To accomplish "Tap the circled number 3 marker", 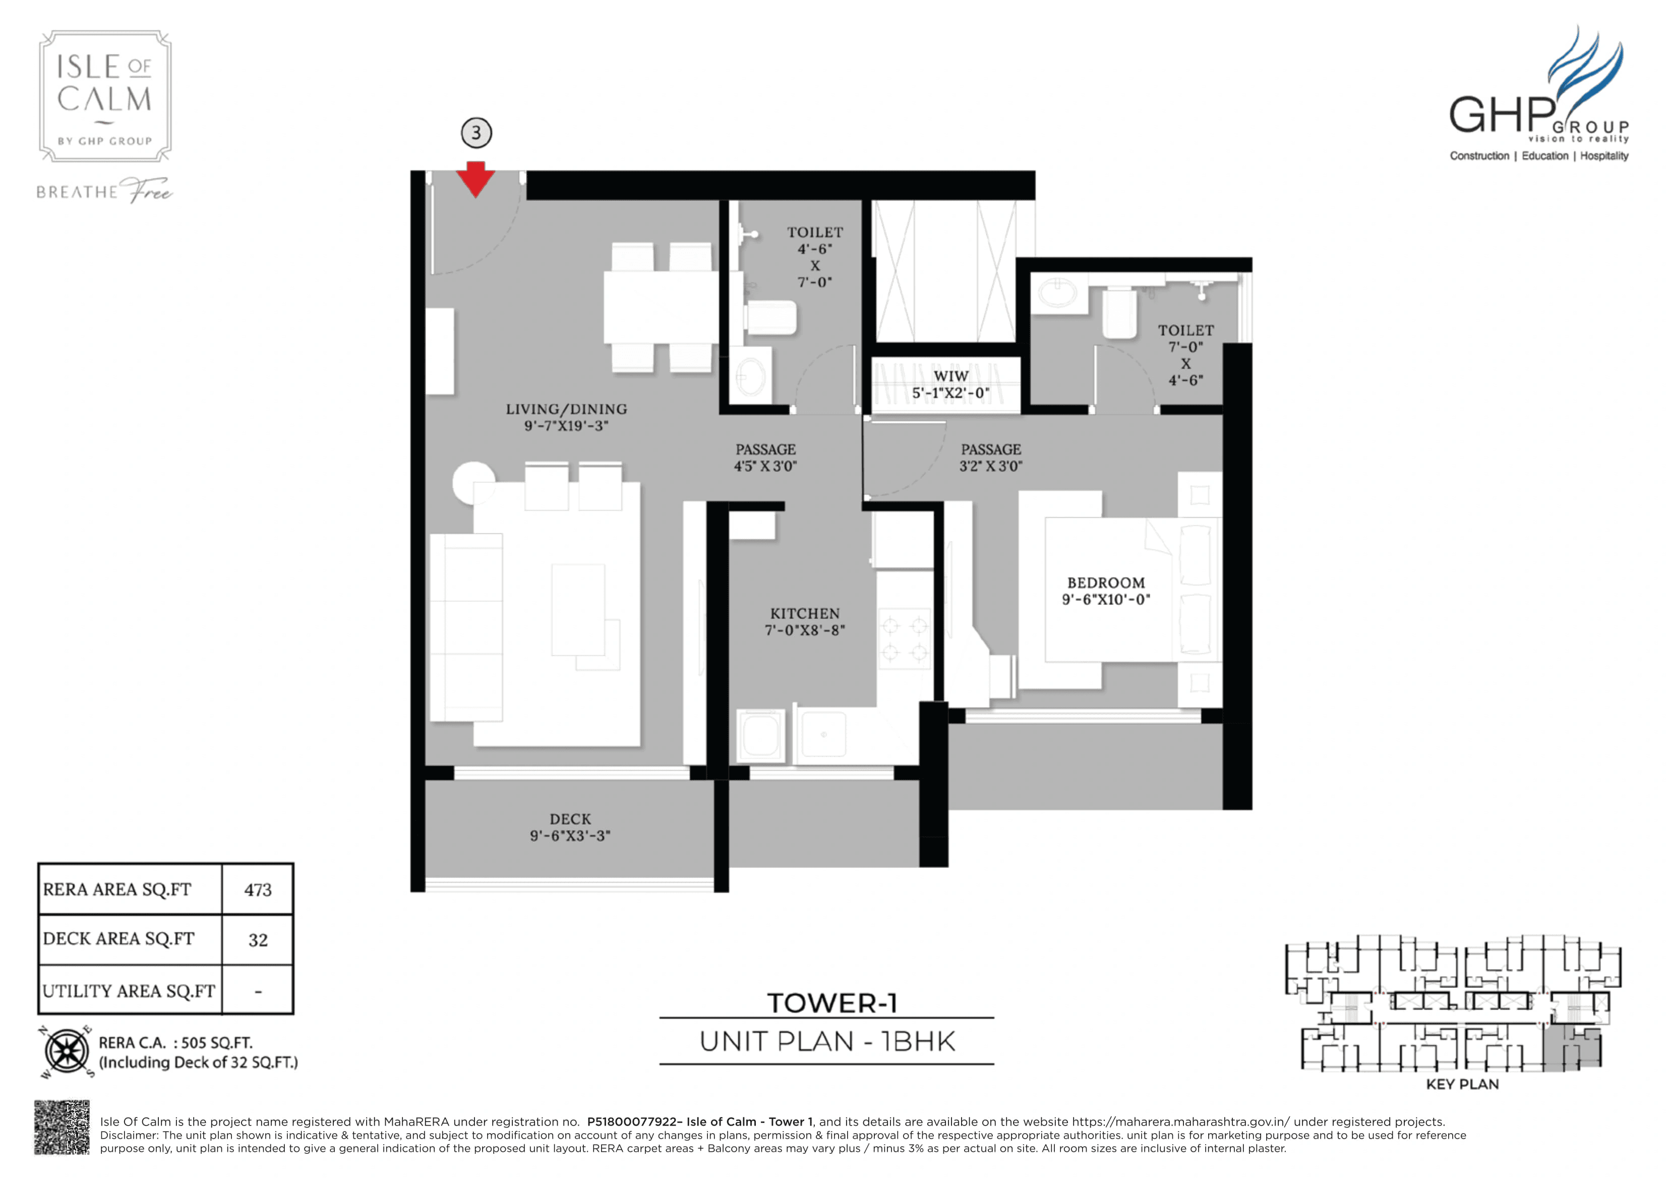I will click(x=476, y=133).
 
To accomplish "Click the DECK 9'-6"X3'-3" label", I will click(x=570, y=827).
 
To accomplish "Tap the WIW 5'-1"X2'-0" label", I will click(x=950, y=384).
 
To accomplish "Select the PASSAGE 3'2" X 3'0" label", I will click(x=990, y=458).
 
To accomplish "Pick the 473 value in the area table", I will click(x=258, y=890).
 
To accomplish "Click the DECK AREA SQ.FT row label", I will click(x=119, y=939).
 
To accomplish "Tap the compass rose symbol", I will click(x=67, y=1051).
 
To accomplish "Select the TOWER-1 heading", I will click(x=832, y=1003).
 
